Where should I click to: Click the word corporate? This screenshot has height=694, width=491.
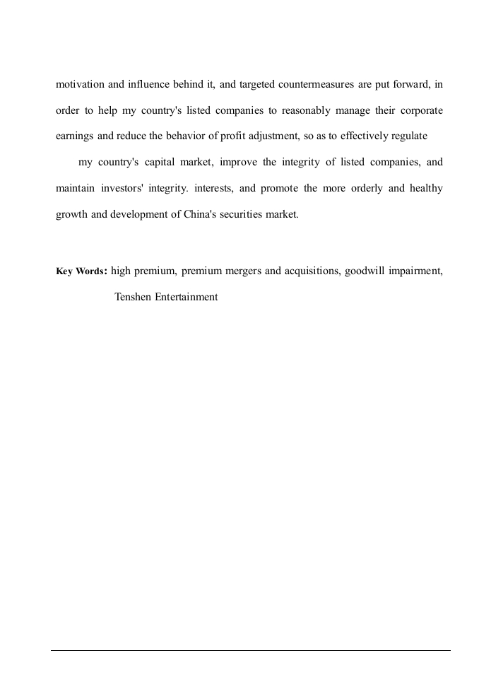(420, 111)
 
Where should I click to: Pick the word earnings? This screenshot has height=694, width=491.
(74, 136)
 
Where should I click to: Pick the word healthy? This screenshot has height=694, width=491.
(425, 189)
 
